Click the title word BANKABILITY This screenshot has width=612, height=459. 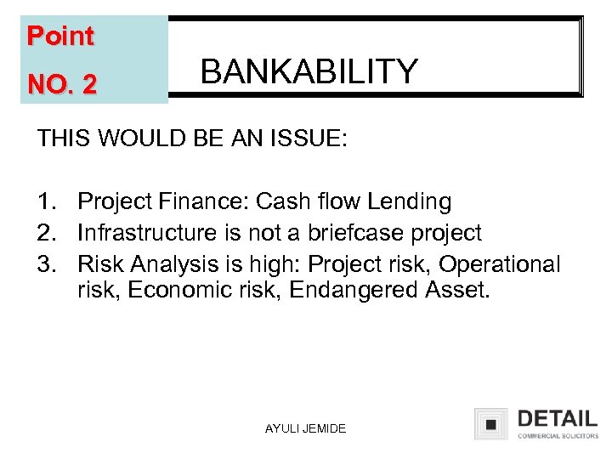pyautogui.click(x=309, y=71)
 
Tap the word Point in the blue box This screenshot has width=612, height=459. pyautogui.click(x=59, y=37)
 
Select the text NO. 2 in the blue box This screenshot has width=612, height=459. pyautogui.click(x=62, y=84)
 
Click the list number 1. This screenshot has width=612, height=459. pyautogui.click(x=46, y=202)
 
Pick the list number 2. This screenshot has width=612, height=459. pyautogui.click(x=46, y=233)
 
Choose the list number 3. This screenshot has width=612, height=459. pyautogui.click(x=46, y=263)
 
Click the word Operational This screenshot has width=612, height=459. pyautogui.click(x=499, y=263)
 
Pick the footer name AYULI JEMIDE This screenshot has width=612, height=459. pyautogui.click(x=305, y=428)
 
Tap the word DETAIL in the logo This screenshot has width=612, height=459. pyautogui.click(x=557, y=419)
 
